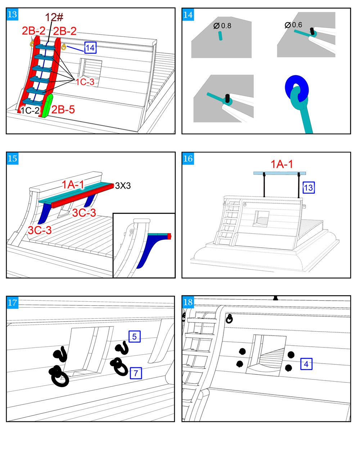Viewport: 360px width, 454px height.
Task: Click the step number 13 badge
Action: click(12, 14)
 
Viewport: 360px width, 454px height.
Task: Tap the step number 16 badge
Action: click(188, 158)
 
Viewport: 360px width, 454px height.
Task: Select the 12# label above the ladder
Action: click(54, 17)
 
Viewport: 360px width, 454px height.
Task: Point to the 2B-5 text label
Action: click(63, 109)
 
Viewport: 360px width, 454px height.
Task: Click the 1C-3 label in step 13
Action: click(85, 82)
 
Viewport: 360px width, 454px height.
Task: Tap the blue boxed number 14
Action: click(90, 48)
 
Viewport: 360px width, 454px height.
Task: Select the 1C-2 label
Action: click(30, 111)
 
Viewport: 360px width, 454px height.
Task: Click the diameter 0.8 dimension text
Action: click(222, 26)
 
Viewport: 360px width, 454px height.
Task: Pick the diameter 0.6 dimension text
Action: click(293, 25)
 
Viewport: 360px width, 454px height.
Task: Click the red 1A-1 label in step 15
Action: click(73, 185)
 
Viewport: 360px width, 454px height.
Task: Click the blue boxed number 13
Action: click(309, 188)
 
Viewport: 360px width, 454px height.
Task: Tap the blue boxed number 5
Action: click(134, 337)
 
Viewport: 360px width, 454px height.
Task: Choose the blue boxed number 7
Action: click(136, 373)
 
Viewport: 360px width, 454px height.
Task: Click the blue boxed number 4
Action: click(306, 364)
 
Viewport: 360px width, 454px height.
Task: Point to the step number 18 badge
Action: click(188, 302)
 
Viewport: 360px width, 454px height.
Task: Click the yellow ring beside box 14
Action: click(64, 47)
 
